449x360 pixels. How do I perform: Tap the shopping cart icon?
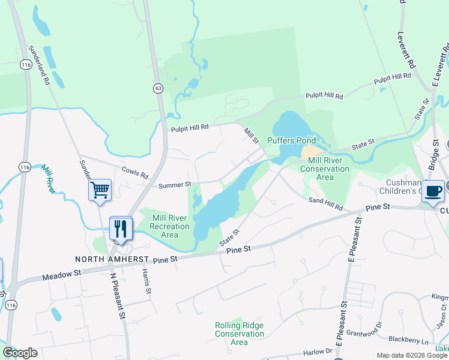100,190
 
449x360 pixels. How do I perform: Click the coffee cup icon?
433,191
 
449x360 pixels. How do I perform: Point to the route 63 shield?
158,88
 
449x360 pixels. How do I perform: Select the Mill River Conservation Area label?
328,169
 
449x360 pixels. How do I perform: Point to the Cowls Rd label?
135,172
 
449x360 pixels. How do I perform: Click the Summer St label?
175,185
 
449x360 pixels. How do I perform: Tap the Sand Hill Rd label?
325,203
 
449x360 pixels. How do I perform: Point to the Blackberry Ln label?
409,340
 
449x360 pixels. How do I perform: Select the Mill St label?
250,135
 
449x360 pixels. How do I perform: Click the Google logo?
20,352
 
